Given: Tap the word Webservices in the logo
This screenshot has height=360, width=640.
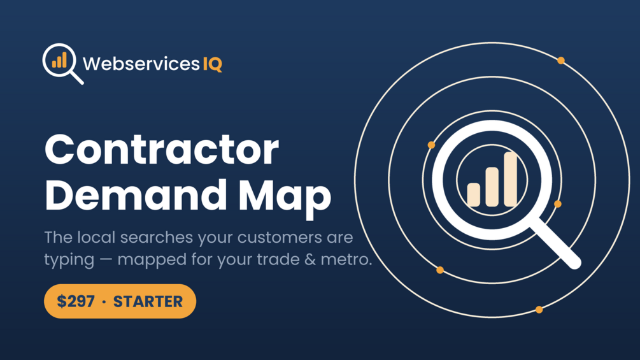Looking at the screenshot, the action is pos(141,64).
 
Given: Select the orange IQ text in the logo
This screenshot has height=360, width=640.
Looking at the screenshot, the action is pos(213,64).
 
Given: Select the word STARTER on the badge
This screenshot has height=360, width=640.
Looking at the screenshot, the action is pos(148,301).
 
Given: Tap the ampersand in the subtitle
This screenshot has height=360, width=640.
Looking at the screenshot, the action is pos(310,259).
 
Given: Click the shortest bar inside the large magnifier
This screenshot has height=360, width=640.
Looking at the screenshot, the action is pos(473,194).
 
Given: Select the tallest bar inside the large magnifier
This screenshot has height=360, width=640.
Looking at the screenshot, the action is pos(511,179).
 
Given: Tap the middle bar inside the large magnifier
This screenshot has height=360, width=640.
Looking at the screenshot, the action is pos(492,187).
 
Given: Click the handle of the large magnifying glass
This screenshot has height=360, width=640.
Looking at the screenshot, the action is pos(556,243).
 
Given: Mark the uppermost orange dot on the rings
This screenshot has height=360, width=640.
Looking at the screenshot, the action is pos(561,61).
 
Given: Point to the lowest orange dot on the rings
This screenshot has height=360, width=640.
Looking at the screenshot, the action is pos(539,310).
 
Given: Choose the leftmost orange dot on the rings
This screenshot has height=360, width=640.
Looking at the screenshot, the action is pos(431,145).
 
